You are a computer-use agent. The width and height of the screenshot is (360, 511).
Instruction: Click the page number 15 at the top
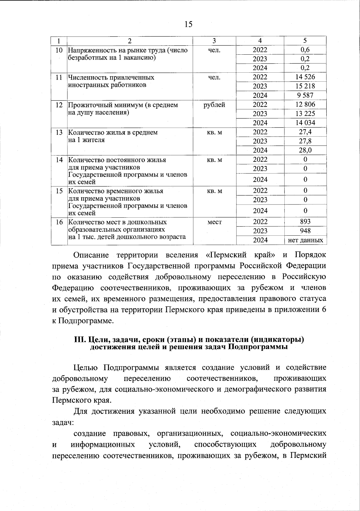(x=188, y=24)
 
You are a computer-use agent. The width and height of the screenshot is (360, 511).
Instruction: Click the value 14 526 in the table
(x=305, y=77)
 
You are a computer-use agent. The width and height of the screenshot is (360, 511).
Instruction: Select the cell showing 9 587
(x=305, y=95)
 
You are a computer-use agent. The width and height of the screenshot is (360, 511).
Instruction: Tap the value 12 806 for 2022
(x=305, y=104)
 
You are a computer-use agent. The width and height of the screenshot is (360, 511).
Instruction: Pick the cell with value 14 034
(x=305, y=123)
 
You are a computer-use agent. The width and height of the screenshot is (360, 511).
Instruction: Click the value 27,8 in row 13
(x=305, y=141)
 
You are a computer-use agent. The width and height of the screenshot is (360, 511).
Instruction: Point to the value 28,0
(x=305, y=150)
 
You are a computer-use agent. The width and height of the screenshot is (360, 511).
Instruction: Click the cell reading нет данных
(x=305, y=240)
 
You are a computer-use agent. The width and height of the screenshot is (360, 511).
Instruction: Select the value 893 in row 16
(x=305, y=222)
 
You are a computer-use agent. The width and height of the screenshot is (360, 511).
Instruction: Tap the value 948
(x=305, y=231)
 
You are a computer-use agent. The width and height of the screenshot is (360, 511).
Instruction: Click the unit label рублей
(x=214, y=105)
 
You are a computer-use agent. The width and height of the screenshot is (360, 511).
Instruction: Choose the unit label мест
(x=214, y=222)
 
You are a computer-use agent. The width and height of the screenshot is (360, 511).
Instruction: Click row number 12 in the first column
(x=59, y=105)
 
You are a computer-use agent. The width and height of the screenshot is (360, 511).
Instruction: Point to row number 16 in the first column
(x=59, y=222)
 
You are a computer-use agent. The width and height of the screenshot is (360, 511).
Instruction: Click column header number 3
(x=214, y=41)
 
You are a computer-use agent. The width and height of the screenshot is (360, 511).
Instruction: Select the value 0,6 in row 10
(x=305, y=50)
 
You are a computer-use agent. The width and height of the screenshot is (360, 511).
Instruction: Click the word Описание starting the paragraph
(x=91, y=255)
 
